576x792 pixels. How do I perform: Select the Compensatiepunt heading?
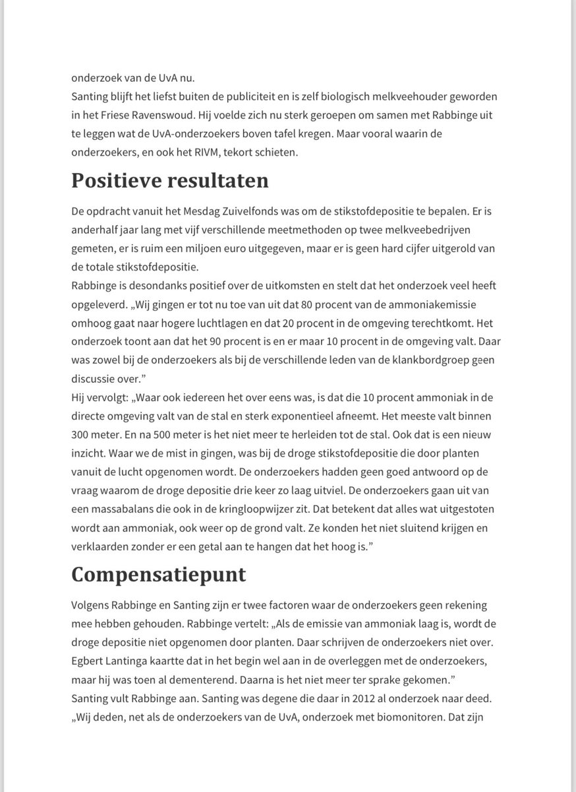coord(158,574)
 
